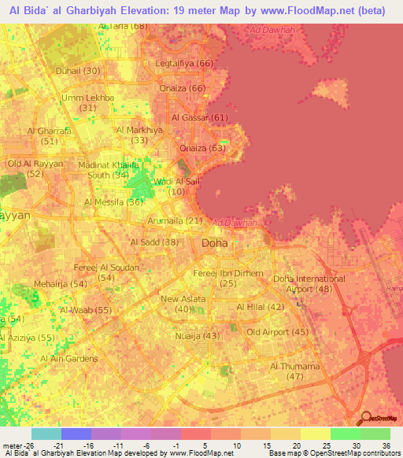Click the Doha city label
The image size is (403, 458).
click(x=215, y=243)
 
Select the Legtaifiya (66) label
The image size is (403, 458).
click(x=184, y=63)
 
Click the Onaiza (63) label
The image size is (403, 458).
click(x=202, y=148)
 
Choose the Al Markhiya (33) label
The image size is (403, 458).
click(x=139, y=135)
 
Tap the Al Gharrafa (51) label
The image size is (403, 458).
click(x=50, y=135)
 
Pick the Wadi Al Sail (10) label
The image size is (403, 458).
click(x=176, y=186)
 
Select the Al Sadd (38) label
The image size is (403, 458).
click(x=153, y=242)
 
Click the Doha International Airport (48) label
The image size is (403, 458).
click(x=309, y=283)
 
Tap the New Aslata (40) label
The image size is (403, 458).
click(x=183, y=304)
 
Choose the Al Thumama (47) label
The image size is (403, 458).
click(x=295, y=371)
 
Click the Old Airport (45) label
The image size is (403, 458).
click(x=277, y=332)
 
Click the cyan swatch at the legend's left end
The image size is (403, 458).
click(x=46, y=434)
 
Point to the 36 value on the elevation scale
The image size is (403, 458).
click(x=385, y=446)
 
